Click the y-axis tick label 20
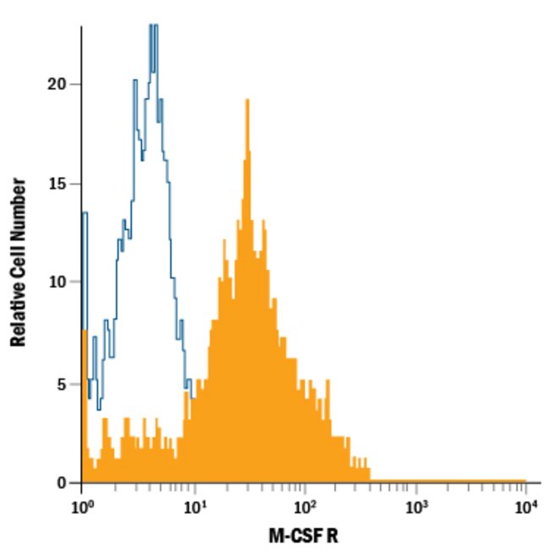(x=57, y=85)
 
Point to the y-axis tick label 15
(x=57, y=184)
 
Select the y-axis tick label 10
(x=57, y=282)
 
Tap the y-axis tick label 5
(x=62, y=383)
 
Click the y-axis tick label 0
(x=62, y=483)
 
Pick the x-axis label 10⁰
(x=81, y=508)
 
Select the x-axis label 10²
(x=305, y=508)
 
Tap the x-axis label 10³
(x=415, y=508)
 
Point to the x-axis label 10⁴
(x=526, y=508)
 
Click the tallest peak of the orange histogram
(x=247, y=102)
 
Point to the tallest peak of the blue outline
(x=152, y=27)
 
